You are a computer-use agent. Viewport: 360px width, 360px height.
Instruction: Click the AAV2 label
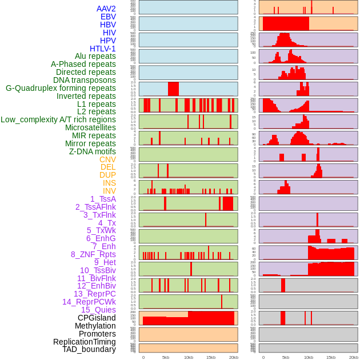point(106,9)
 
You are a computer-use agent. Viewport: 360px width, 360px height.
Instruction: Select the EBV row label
point(108,17)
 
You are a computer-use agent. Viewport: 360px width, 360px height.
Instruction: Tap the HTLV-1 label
point(103,49)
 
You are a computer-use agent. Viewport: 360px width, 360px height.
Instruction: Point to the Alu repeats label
point(95,57)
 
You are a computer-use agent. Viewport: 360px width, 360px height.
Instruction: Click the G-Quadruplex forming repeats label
point(61,88)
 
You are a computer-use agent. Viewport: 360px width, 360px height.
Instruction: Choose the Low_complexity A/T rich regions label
point(58,119)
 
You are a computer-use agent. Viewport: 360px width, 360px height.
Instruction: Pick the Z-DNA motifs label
point(93,151)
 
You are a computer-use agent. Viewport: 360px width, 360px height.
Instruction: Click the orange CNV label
point(107,159)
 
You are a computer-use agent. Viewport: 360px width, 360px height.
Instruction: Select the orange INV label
point(109,191)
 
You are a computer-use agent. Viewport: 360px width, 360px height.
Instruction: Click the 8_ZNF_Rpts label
point(93,254)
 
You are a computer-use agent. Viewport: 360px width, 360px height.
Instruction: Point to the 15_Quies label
point(98,310)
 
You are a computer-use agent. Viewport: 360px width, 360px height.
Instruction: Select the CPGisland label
point(97,318)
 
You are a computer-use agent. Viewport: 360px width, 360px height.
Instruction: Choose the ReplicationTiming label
point(85,342)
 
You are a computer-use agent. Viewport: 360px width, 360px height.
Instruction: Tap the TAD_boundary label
point(89,349)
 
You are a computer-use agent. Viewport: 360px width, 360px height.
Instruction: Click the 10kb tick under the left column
point(189,358)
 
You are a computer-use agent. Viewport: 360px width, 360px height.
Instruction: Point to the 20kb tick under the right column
point(354,358)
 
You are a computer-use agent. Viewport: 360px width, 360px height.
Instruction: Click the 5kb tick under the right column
point(285,358)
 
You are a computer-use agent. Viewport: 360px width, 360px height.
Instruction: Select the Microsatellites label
point(90,127)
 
